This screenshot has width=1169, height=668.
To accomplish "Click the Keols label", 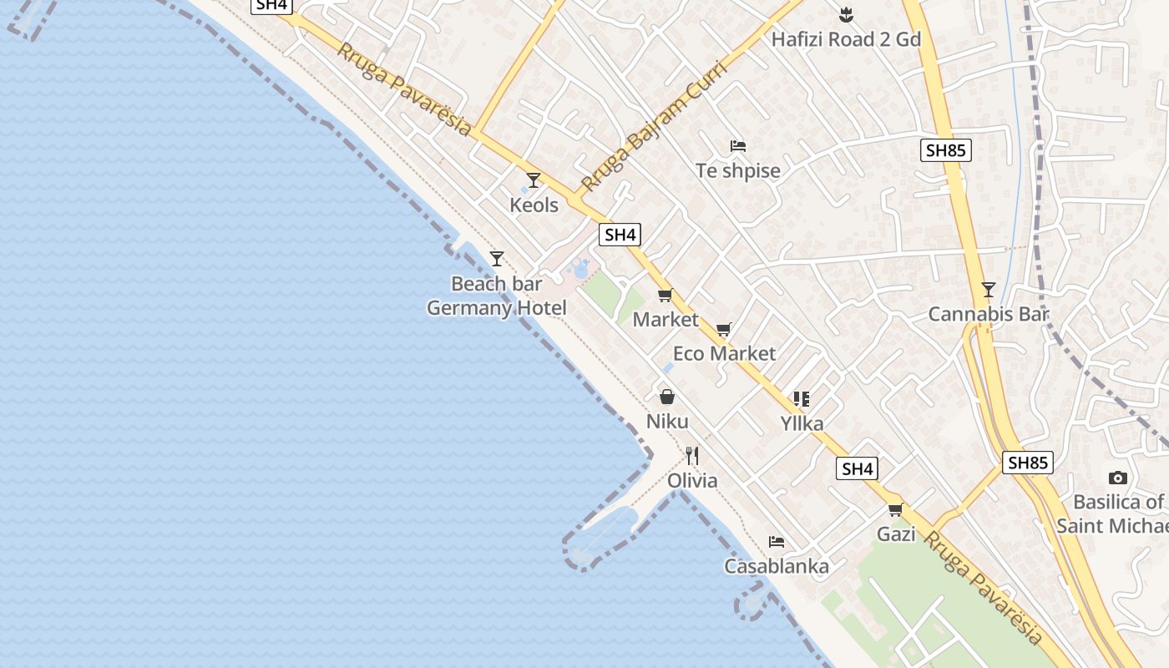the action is coord(534,205).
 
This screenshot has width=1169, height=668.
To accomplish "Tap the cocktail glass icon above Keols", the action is coord(534,180).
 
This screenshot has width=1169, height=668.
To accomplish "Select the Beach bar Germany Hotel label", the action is coord(497,296).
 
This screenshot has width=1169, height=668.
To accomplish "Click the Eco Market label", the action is coord(724,353).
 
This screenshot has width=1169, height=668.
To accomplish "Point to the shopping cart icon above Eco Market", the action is coord(724,330).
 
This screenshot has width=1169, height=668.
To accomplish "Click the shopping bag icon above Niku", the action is coord(666,397).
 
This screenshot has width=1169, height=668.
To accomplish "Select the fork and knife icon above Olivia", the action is coord(692,456).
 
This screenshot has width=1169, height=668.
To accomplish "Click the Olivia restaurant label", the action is coord(692,480).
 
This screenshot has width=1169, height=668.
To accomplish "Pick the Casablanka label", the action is coord(777,566).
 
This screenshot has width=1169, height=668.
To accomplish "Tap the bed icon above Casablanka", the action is coord(777,542).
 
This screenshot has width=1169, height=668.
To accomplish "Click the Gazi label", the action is coord(896,534).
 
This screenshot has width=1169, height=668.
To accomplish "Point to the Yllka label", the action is coord(802,423).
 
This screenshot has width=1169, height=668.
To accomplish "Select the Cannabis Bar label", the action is coord(989,314).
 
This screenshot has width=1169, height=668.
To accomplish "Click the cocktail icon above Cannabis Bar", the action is coord(989,290).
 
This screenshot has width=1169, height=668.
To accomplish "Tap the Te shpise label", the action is coord(738,170).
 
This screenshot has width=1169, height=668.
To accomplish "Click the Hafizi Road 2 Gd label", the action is coord(846,39).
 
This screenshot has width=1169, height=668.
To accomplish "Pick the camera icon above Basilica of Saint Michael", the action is coord(1118,478).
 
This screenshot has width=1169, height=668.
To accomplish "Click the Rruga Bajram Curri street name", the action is coord(654,125).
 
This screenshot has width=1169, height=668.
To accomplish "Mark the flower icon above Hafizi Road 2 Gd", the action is coord(846,14).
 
